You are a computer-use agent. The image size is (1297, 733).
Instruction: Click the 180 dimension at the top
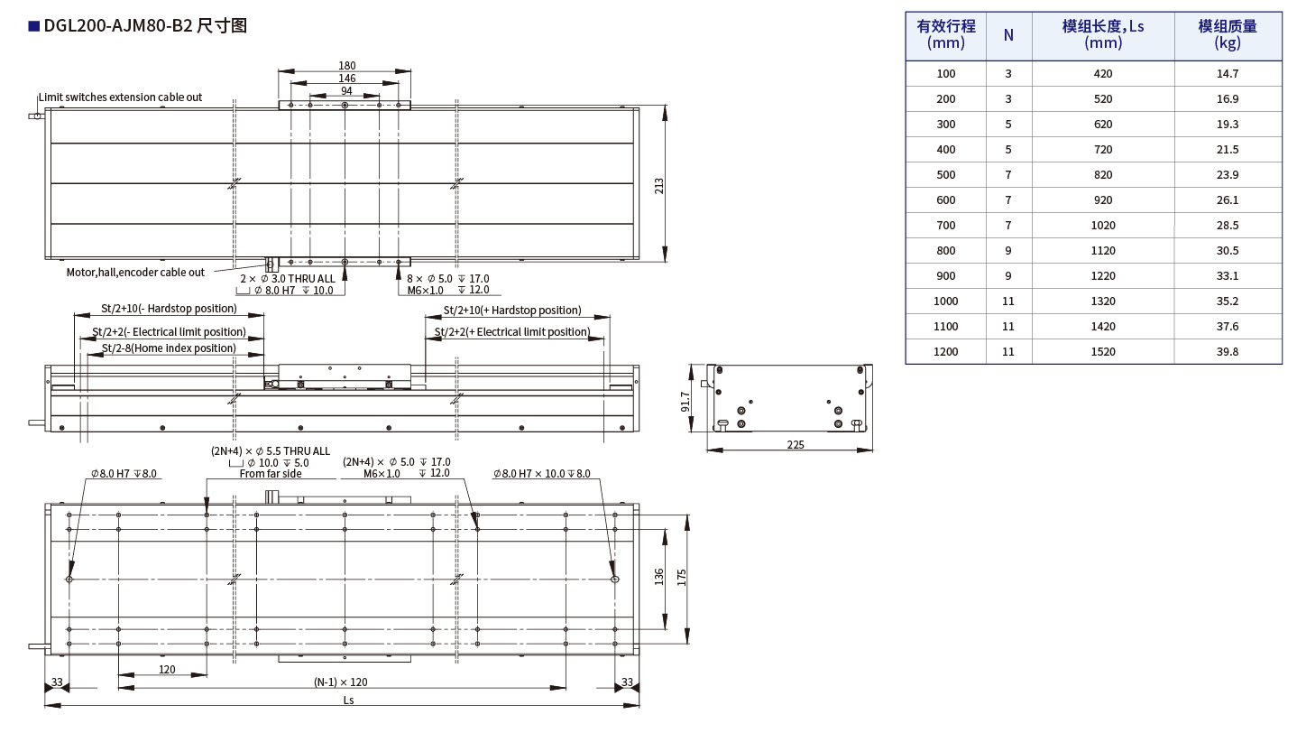(347, 65)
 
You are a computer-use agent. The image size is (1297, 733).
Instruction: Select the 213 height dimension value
(659, 186)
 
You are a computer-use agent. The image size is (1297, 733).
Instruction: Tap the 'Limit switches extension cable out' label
(120, 97)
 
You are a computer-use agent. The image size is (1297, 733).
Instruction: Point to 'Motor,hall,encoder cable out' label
(135, 272)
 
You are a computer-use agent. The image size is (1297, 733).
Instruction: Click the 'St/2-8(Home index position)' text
(169, 348)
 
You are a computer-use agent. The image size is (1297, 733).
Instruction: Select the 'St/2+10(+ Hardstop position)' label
(511, 311)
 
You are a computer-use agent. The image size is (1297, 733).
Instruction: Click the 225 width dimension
(795, 444)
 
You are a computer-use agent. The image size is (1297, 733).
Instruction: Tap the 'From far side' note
(271, 473)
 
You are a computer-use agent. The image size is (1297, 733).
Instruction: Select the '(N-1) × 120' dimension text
(340, 682)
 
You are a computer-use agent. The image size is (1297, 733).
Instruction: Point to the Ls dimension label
(348, 701)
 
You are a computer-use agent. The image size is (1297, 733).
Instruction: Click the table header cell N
(1008, 35)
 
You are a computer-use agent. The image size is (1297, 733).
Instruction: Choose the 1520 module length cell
(1102, 352)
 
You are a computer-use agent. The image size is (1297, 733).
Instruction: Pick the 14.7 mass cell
(1228, 74)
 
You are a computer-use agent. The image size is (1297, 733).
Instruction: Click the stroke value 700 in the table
(945, 226)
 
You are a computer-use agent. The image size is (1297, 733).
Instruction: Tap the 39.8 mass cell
(1228, 352)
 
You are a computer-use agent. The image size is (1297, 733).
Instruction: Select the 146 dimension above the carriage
(347, 79)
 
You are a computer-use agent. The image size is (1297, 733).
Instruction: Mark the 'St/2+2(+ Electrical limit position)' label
(511, 332)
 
